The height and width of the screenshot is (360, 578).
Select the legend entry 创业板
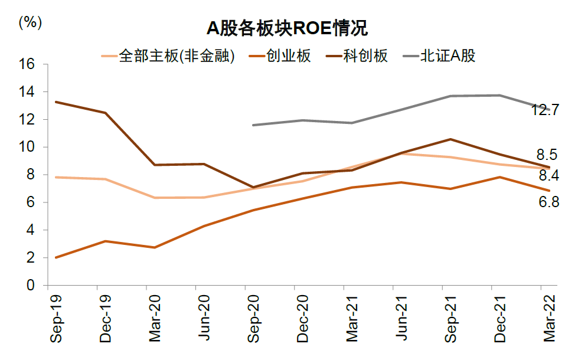[288, 56]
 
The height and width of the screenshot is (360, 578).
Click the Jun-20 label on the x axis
[204, 319]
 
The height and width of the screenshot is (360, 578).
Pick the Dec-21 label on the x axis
[499, 319]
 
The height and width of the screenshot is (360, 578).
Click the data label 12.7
[544, 110]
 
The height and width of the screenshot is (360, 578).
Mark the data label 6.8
[547, 202]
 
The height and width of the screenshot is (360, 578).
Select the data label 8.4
[547, 175]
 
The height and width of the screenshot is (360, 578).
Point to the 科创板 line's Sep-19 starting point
[55, 102]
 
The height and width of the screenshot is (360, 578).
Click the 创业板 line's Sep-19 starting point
[55, 257]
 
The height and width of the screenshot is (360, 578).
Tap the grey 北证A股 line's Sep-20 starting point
[253, 125]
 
